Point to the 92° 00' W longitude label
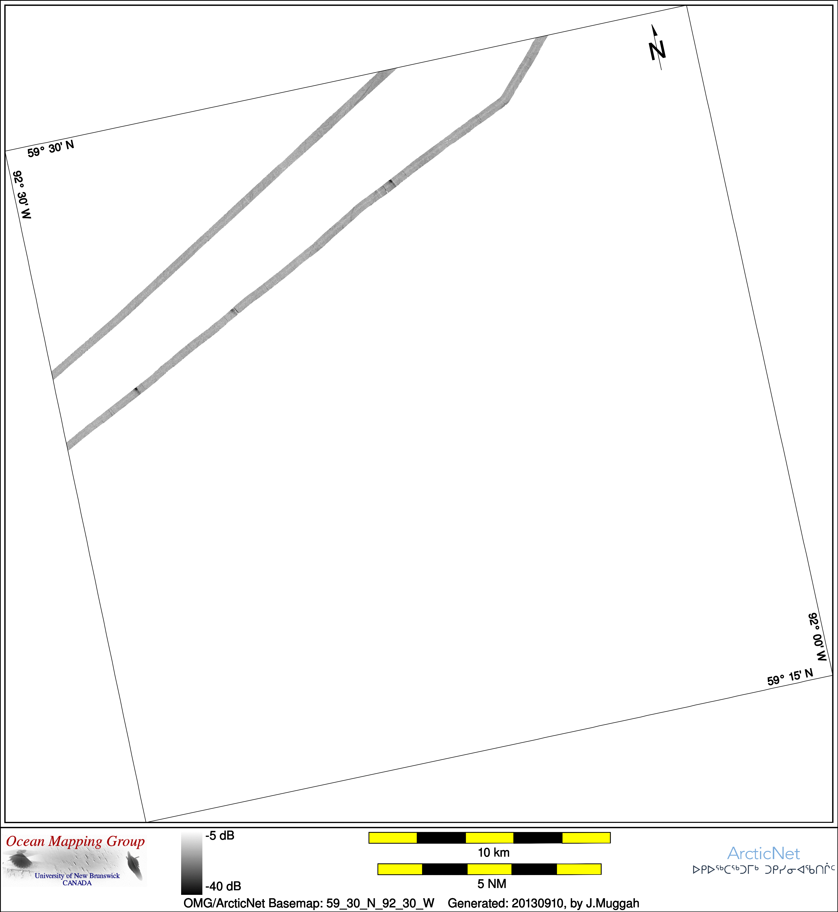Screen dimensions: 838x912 pyautogui.click(x=818, y=637)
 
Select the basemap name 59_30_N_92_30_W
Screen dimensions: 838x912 pyautogui.click(x=380, y=903)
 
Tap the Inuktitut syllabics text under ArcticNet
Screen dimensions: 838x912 pyautogui.click(x=764, y=870)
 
